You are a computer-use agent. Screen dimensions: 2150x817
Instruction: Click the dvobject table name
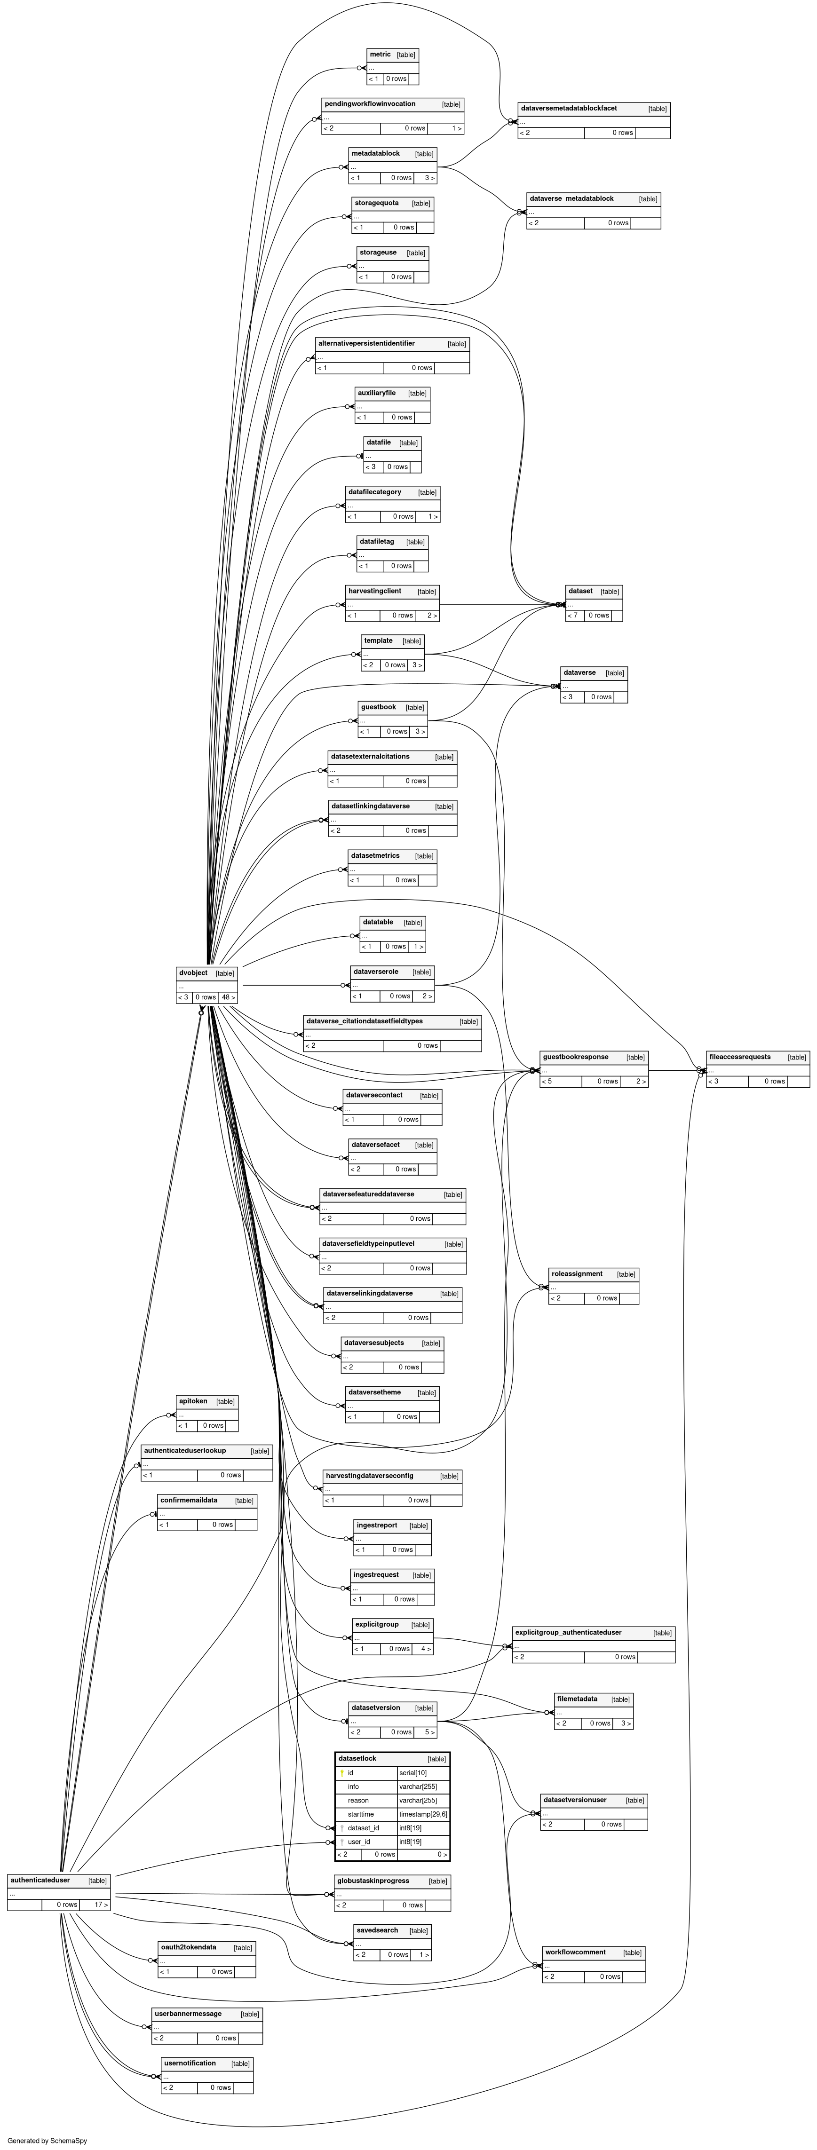pos(193,972)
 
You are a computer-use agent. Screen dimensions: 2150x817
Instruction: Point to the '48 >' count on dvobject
pos(228,997)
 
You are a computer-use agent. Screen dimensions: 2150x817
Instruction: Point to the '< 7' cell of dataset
pos(572,616)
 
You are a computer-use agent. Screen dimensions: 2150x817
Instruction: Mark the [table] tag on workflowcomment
pos(632,1953)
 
